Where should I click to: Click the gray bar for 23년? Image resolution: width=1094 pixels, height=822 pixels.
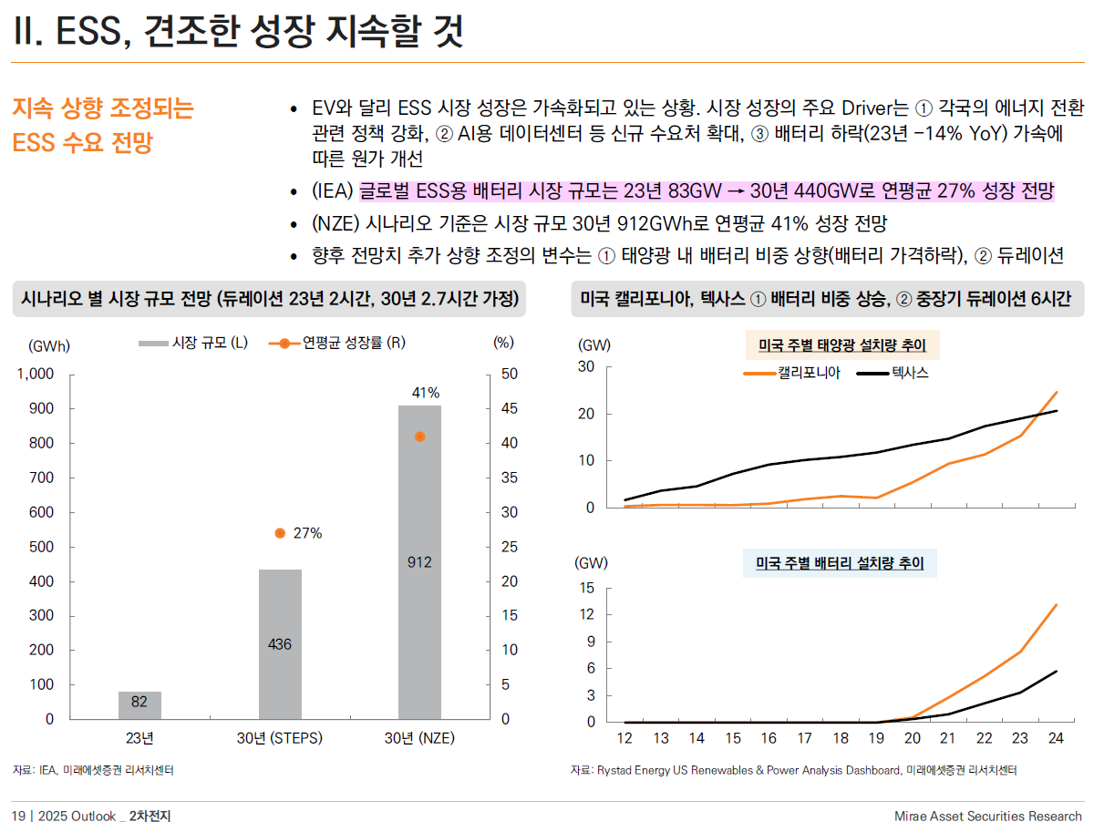click(139, 705)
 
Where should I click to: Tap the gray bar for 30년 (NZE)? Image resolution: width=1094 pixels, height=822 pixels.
click(419, 562)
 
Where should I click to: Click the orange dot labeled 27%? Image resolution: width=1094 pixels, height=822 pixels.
click(280, 533)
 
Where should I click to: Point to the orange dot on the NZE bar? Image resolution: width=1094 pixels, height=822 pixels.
click(419, 437)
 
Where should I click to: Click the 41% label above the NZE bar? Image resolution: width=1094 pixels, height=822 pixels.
click(426, 393)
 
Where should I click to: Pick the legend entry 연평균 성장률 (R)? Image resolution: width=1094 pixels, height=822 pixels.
click(338, 343)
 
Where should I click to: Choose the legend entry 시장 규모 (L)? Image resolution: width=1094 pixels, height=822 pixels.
click(193, 343)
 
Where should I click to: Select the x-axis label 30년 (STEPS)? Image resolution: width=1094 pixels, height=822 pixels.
click(280, 737)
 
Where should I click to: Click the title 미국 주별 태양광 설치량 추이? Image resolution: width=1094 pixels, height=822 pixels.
click(841, 345)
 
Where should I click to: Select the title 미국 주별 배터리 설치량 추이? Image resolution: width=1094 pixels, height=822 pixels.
click(840, 564)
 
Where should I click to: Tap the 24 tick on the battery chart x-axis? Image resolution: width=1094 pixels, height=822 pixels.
click(1056, 737)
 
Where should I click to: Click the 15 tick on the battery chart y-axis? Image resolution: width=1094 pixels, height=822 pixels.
click(587, 588)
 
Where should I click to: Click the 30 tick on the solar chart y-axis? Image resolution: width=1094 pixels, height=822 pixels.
click(586, 367)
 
